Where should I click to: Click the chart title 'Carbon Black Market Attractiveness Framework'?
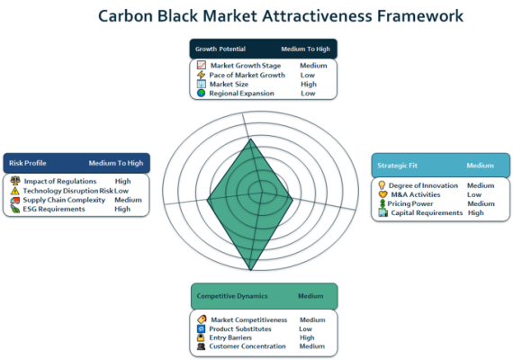click(281, 16)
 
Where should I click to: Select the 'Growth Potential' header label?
click(220, 49)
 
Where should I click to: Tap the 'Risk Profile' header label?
click(28, 163)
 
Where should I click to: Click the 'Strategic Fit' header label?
click(397, 166)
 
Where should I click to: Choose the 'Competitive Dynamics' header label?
click(232, 296)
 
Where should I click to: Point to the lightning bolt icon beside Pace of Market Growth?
click(201, 75)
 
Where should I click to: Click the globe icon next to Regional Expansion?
click(202, 94)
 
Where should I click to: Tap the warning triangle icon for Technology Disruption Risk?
click(15, 191)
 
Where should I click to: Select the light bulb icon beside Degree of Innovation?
click(382, 185)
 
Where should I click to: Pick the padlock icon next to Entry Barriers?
click(201, 337)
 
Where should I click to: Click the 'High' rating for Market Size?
click(309, 84)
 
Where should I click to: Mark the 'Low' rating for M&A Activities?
click(474, 194)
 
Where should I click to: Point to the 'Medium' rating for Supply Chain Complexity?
click(128, 200)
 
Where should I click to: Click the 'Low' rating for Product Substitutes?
click(305, 328)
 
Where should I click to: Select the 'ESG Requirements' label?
click(54, 209)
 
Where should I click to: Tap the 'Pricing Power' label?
click(409, 203)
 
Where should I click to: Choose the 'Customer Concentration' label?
click(247, 346)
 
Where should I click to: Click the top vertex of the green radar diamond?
click(250, 139)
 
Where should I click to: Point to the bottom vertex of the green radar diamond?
click(250, 270)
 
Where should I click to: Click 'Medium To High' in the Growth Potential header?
click(306, 49)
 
